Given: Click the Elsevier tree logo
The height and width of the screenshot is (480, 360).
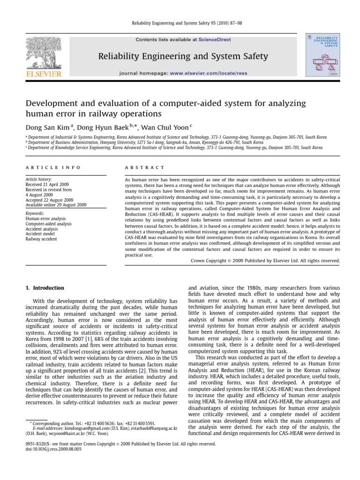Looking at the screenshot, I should click(44, 51).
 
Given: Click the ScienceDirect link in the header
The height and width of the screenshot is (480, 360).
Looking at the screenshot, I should click(215, 40).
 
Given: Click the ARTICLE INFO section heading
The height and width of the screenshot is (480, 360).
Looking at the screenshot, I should click(52, 167).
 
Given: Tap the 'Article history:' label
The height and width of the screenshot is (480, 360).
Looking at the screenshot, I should click(38, 180).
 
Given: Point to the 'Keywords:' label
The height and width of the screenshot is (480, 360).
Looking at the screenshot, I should click(35, 213).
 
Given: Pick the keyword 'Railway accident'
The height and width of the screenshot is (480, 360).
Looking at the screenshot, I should click(41, 239).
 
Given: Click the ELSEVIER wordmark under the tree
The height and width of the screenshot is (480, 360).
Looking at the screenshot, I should click(44, 74).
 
